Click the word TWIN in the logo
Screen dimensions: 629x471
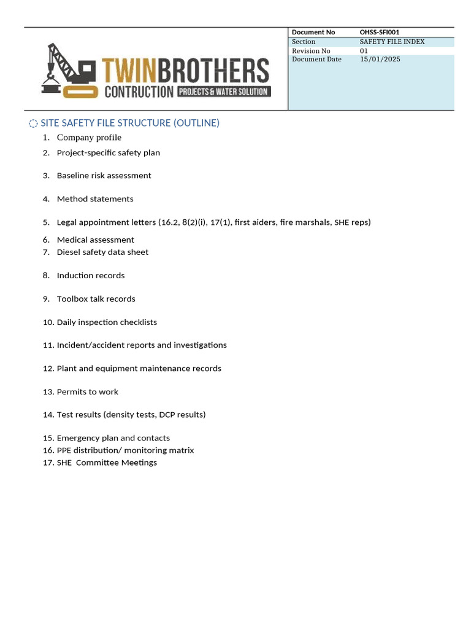click(129, 71)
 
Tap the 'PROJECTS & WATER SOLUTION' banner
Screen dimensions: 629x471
click(224, 92)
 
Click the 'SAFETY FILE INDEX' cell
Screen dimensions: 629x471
click(392, 42)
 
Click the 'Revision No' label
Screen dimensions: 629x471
click(311, 51)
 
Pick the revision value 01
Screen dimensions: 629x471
click(364, 51)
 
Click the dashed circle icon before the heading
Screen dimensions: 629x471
click(33, 123)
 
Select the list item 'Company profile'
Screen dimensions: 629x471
click(89, 138)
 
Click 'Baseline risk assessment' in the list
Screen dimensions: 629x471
click(104, 176)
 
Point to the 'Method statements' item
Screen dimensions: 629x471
click(95, 199)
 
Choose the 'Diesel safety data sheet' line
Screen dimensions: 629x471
click(102, 252)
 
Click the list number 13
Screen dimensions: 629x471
click(48, 392)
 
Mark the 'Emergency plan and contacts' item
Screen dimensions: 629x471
click(113, 438)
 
